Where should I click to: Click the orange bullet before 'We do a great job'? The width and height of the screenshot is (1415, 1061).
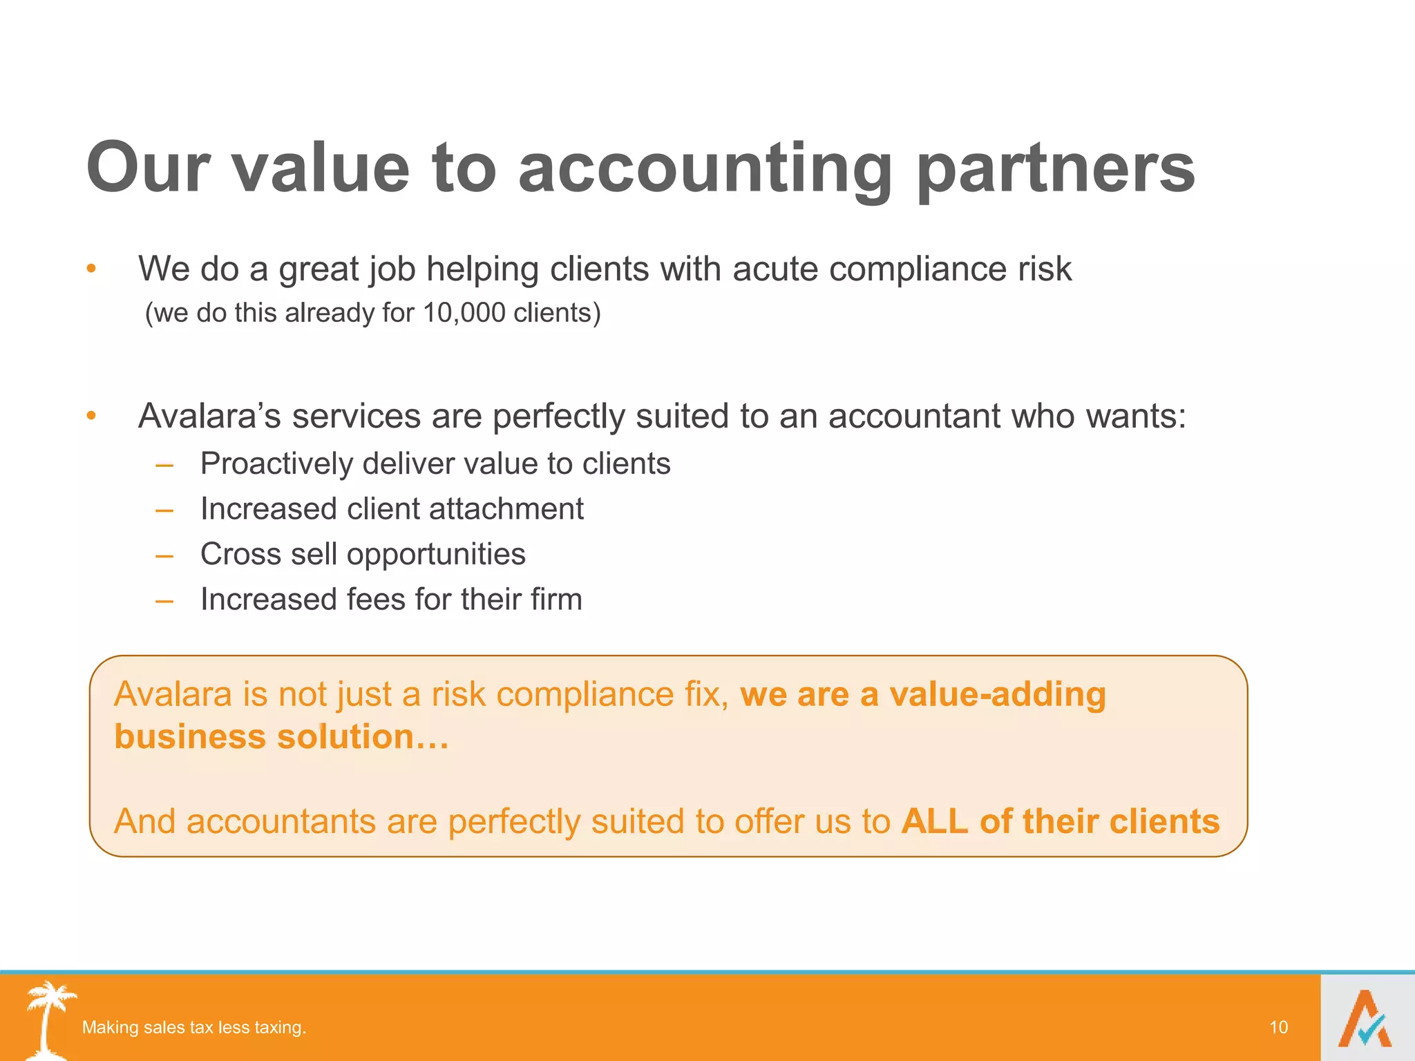tap(91, 269)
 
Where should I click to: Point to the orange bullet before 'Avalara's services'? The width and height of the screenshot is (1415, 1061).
tap(91, 416)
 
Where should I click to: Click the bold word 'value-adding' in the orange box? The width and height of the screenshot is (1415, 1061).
tap(997, 694)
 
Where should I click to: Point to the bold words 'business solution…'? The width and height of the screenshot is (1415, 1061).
tap(281, 737)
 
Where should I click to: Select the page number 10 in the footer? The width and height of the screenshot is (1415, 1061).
tap(1278, 1027)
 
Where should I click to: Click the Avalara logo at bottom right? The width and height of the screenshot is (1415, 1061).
tap(1366, 1019)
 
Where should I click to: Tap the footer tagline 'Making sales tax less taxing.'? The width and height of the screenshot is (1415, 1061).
tap(194, 1027)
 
